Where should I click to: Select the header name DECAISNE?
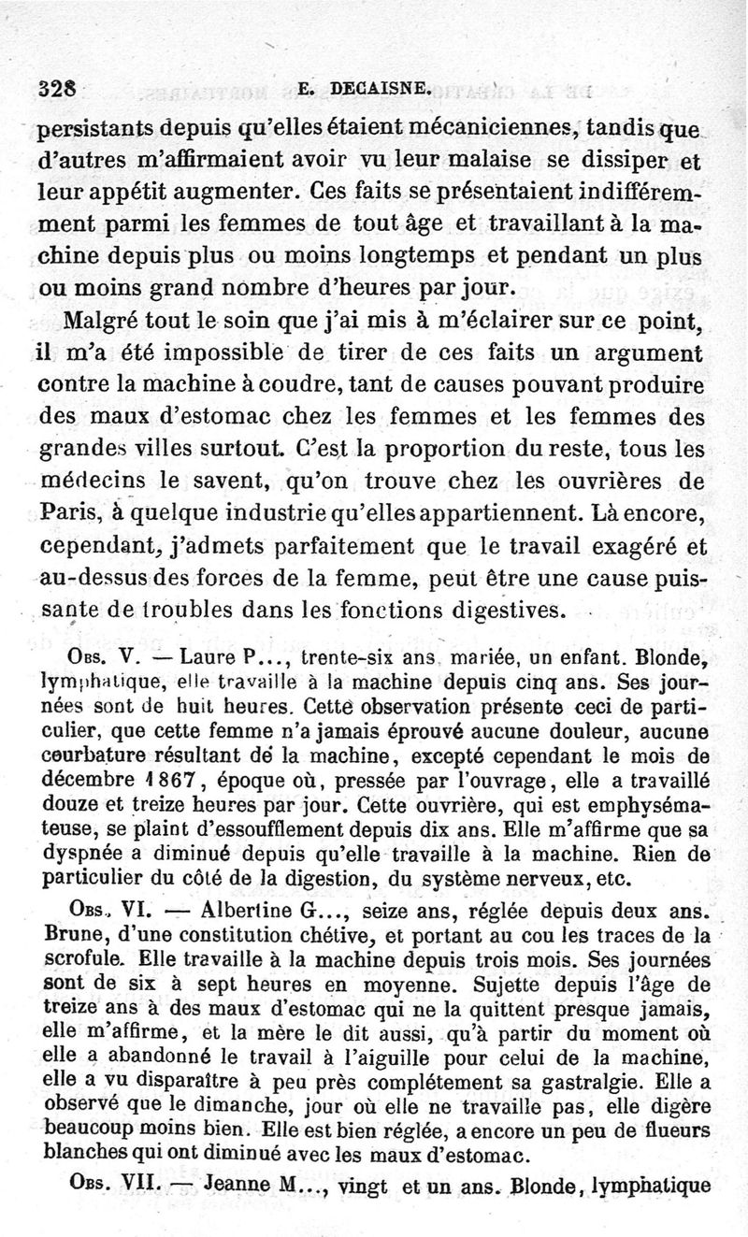tap(377, 89)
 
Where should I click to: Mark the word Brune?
tap(73, 933)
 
